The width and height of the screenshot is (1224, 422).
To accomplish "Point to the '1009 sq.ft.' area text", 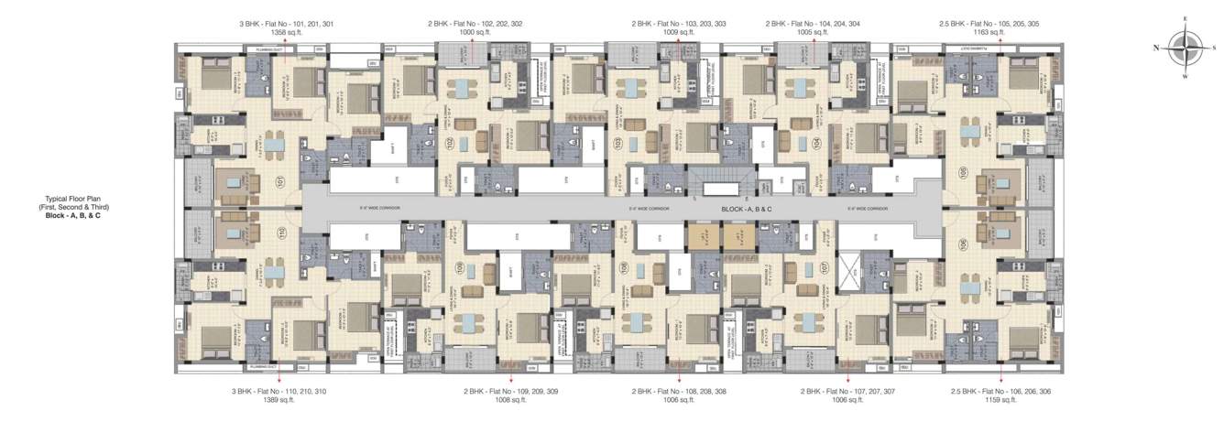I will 679,32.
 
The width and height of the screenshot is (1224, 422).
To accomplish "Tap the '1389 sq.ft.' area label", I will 279,400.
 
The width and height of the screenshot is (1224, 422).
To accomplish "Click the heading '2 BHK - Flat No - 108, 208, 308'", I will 679,391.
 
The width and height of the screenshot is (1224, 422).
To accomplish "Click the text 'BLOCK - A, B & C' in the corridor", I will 747,210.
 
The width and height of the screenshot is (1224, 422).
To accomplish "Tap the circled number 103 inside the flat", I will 617,143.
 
